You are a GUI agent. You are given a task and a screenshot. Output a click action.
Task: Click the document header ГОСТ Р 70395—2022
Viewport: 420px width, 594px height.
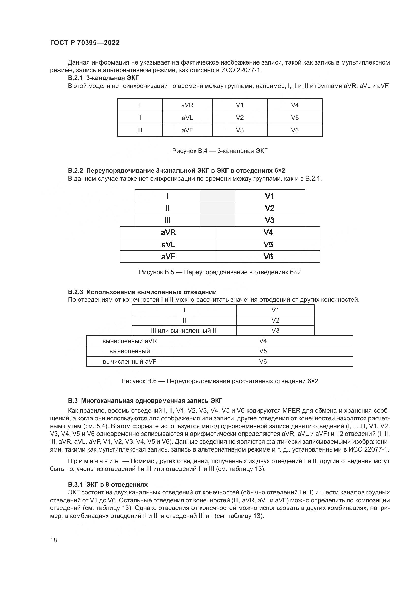tap(85, 43)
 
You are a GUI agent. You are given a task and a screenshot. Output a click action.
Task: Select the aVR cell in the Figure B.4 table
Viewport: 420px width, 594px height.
tap(187, 105)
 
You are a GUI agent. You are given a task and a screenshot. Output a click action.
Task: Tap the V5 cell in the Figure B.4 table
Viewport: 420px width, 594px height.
tap(295, 118)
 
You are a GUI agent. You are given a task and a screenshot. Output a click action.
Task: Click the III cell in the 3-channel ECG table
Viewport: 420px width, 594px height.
tap(140, 130)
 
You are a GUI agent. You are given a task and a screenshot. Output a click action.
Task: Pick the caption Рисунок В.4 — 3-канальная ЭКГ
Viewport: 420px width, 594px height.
tap(220, 151)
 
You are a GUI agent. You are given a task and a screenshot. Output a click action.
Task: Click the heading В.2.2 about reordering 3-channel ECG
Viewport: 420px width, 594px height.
tap(176, 171)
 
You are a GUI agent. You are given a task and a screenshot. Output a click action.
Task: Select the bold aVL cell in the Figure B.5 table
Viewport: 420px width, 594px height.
tap(168, 245)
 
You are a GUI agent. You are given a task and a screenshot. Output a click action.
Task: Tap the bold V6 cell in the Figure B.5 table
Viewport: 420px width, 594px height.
tap(268, 257)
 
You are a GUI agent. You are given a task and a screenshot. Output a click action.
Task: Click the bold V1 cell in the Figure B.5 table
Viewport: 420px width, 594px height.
tap(269, 196)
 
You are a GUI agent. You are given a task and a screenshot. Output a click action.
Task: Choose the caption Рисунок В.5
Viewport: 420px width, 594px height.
tap(220, 272)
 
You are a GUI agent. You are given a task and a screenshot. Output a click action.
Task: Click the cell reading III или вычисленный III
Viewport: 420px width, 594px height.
tap(184, 331)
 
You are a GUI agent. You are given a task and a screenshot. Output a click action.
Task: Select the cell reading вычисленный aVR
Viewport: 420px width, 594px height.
tap(130, 341)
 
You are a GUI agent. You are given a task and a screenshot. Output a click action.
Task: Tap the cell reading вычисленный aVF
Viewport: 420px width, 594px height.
tap(130, 361)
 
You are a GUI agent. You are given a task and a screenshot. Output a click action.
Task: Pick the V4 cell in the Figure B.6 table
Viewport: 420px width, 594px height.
tap(263, 341)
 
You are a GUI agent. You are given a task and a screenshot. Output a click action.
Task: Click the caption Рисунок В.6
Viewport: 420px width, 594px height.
tap(220, 381)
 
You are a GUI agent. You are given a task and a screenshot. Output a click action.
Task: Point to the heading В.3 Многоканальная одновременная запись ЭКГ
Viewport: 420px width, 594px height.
tap(145, 401)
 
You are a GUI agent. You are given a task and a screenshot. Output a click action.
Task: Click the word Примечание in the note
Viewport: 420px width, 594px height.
tap(93, 461)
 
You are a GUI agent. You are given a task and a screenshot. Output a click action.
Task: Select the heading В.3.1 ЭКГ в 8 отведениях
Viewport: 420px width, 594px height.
tap(108, 485)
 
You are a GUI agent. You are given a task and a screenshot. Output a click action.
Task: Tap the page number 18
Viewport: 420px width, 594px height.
tap(54, 540)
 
